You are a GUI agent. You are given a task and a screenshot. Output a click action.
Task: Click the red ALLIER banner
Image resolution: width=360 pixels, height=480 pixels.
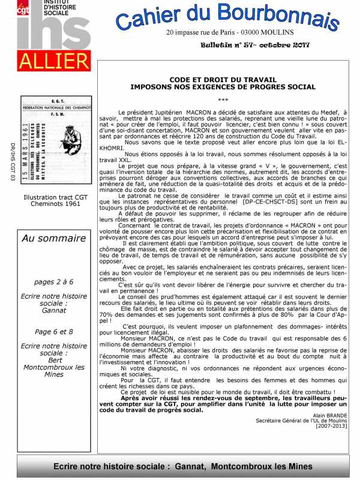[54, 61]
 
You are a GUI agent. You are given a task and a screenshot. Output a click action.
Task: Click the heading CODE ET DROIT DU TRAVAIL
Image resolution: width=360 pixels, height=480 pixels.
[223, 80]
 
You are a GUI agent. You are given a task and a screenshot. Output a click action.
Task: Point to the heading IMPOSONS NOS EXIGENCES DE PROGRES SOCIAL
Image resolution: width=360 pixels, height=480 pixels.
[223, 87]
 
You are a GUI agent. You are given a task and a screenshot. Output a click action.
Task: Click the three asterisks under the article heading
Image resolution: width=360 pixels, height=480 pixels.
[223, 100]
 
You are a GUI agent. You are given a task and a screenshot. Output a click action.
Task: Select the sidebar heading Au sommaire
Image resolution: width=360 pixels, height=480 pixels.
[54, 238]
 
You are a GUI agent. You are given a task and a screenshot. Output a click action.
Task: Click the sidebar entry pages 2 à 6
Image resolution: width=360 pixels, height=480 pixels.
[54, 281]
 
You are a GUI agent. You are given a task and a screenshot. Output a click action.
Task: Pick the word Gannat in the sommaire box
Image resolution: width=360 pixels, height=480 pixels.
[54, 312]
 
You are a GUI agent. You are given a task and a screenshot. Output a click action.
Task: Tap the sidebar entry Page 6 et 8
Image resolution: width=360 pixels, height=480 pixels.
[54, 331]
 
